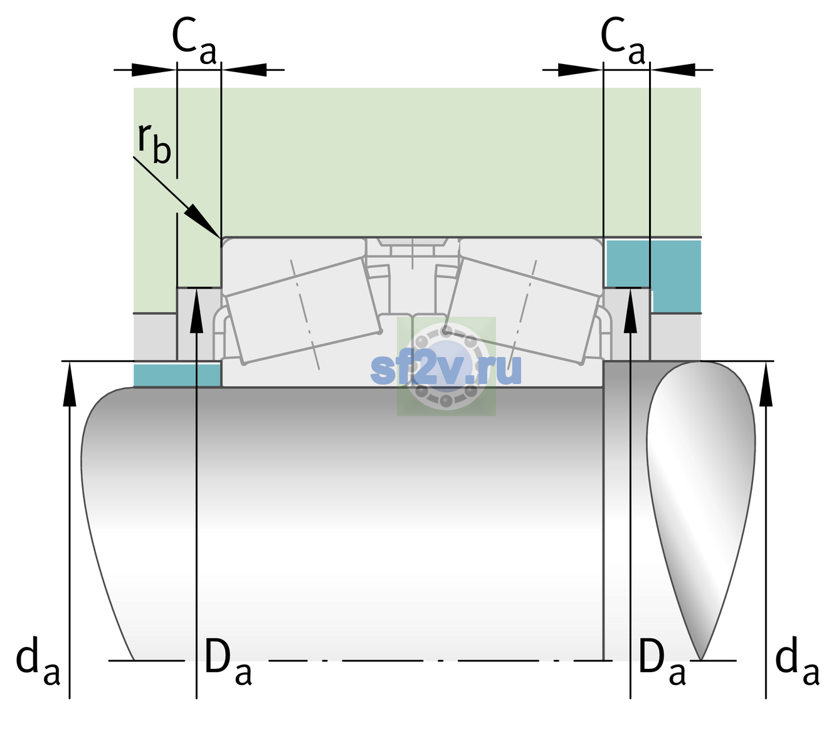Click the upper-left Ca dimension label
(194, 41)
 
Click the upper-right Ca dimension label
(623, 41)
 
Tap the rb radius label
(154, 142)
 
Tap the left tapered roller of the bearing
(303, 311)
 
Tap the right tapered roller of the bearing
(522, 311)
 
